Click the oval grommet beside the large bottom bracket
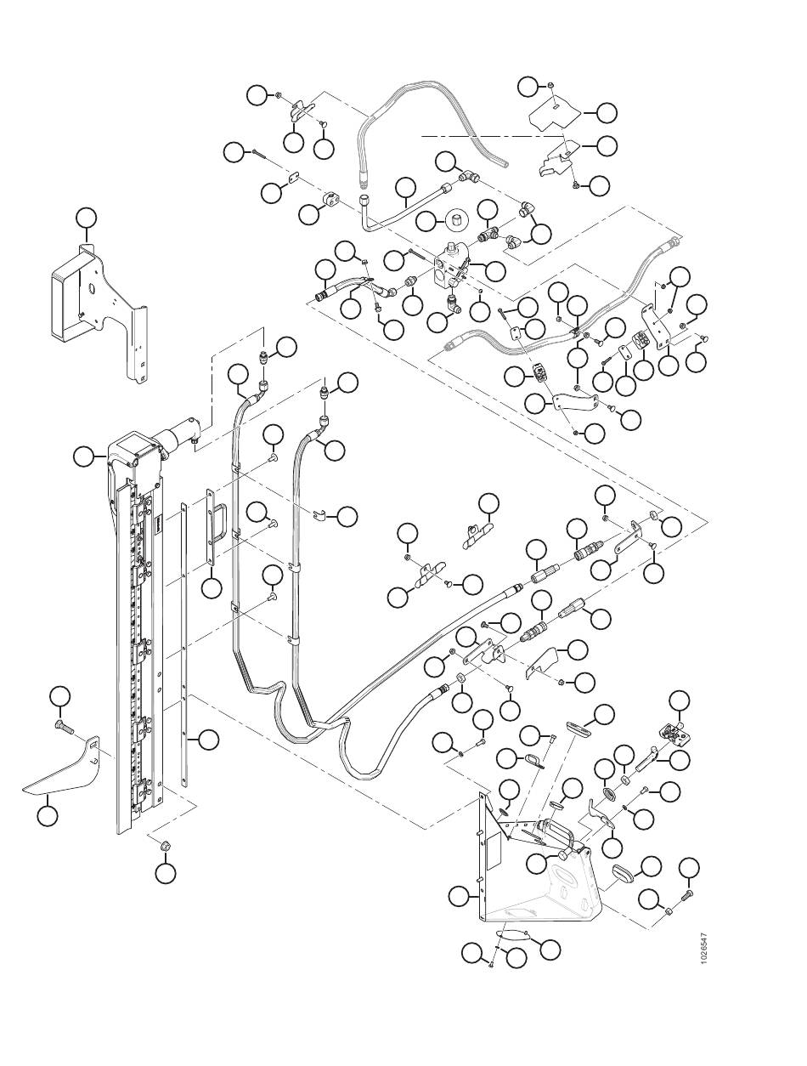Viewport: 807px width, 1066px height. (626, 875)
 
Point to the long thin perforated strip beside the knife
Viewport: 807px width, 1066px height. (183, 646)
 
